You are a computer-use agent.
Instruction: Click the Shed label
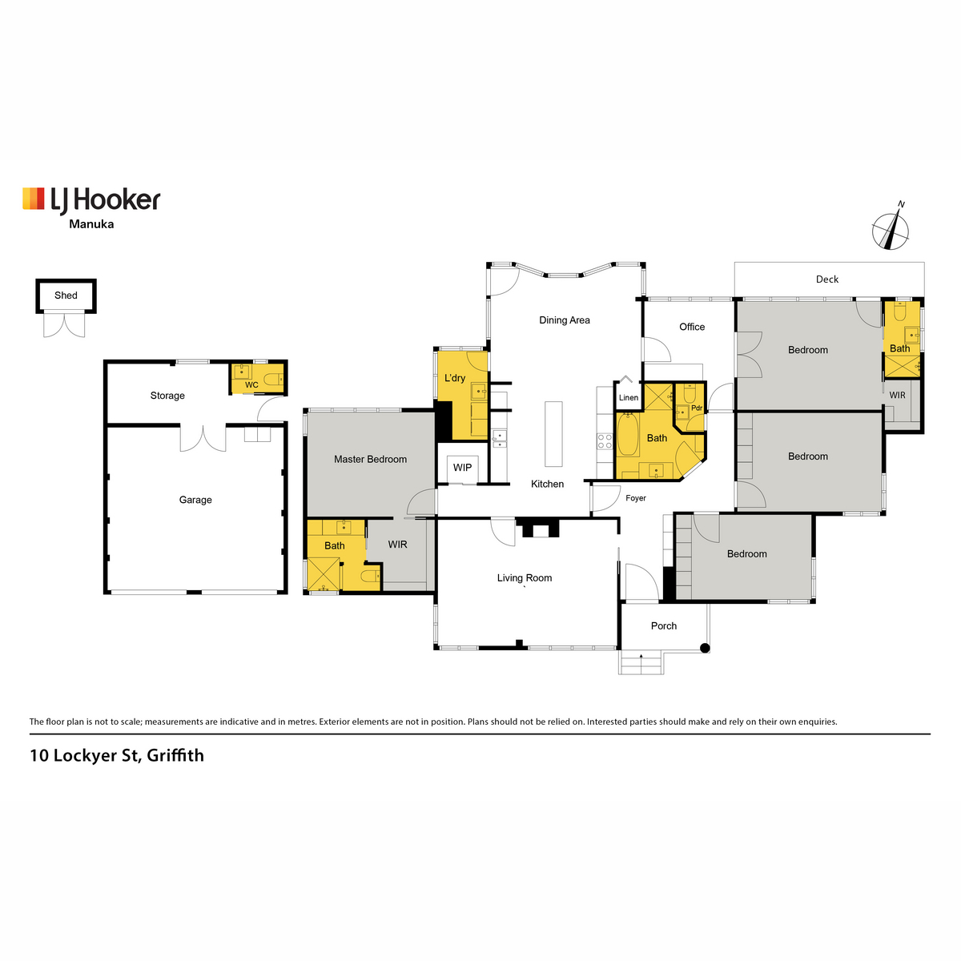point(66,296)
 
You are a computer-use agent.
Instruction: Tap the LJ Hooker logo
point(91,199)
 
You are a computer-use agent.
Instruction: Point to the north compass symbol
point(891,230)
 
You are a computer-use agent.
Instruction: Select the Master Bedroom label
point(370,460)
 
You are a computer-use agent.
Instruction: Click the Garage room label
point(195,500)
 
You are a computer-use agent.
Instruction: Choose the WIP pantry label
point(462,468)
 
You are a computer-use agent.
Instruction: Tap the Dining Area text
point(564,320)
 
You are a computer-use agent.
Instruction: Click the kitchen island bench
point(553,433)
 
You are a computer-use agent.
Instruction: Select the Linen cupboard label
point(629,398)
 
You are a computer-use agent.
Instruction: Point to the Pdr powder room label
point(697,408)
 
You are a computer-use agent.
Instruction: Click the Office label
point(692,327)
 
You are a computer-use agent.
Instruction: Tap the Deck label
point(827,279)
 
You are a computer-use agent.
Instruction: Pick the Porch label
point(664,626)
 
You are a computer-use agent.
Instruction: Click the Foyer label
point(636,498)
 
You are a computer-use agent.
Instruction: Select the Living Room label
point(525,578)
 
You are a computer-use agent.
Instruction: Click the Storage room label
point(167,396)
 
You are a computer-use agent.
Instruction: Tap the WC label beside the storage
point(251,385)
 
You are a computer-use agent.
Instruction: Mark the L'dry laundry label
point(455,378)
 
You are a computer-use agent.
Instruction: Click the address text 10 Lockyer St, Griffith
point(117,755)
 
